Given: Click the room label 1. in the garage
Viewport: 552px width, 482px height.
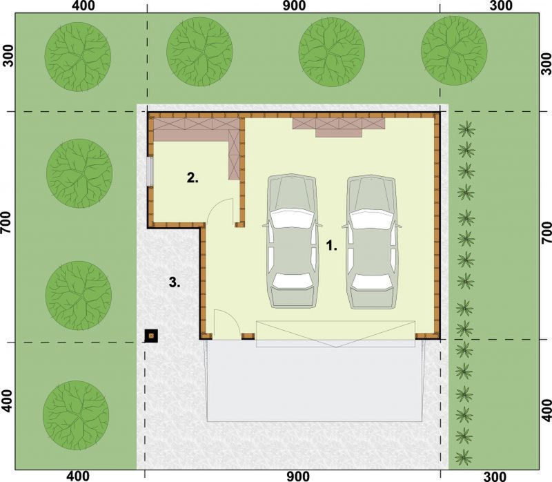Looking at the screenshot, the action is pyautogui.click(x=332, y=245).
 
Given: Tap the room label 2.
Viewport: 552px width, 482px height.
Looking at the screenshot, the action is pyautogui.click(x=193, y=178).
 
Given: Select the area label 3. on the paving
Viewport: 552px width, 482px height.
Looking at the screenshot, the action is pyautogui.click(x=175, y=282).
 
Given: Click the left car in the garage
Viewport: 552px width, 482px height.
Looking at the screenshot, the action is pyautogui.click(x=291, y=241).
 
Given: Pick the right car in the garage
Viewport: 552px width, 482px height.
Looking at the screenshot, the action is pyautogui.click(x=372, y=242).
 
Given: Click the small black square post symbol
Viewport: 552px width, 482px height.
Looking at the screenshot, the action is pyautogui.click(x=151, y=336).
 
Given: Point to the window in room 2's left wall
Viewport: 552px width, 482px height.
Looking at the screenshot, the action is pyautogui.click(x=150, y=171).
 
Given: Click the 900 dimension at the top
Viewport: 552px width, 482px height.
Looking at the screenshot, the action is pyautogui.click(x=294, y=6).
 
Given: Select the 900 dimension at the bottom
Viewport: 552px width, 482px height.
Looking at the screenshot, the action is pyautogui.click(x=298, y=476).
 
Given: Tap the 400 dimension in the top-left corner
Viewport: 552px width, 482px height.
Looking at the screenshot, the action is pyautogui.click(x=83, y=6).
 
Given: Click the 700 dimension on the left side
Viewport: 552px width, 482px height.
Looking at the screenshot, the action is pyautogui.click(x=6, y=223).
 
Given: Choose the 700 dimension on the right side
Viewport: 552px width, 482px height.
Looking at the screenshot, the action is pyautogui.click(x=546, y=233).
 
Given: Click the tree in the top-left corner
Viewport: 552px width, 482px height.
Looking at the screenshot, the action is pyautogui.click(x=78, y=57).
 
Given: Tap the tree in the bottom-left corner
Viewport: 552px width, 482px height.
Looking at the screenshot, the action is pyautogui.click(x=76, y=415).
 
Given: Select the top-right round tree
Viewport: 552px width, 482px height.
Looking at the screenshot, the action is pyautogui.click(x=454, y=50).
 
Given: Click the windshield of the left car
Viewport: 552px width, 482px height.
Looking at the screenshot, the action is pyautogui.click(x=291, y=218).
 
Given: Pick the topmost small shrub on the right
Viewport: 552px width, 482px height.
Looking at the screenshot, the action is pyautogui.click(x=467, y=129).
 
